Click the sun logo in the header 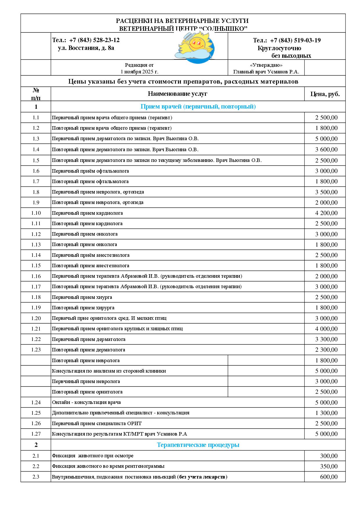coord(195,46)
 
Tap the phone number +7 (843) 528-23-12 coord(94,40)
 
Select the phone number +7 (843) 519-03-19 coord(295,40)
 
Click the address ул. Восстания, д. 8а coord(86,48)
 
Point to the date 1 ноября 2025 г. coord(139,72)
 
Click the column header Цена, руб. coord(325,94)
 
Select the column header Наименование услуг coord(177,94)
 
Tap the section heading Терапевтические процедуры coord(198,445)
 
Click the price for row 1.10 coord(326,213)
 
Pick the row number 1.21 coord(36,329)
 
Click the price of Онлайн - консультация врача coord(326,402)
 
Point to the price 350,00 coord(329,466)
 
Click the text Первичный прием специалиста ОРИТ coord(97,423)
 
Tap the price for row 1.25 coord(326,413)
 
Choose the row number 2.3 coord(36,477)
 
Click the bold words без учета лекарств coord(202,477)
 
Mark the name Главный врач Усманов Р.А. coord(266,72)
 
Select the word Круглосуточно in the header coord(279,48)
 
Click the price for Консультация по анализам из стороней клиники coord(326,371)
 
